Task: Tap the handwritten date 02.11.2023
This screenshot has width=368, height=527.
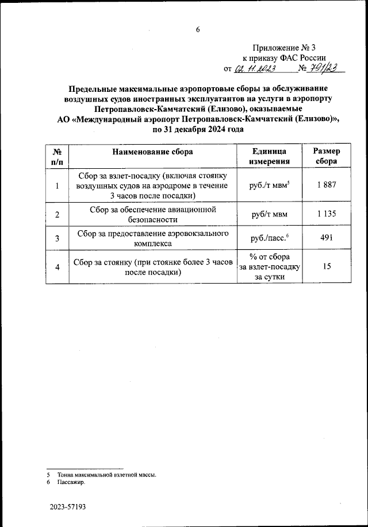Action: (x=255, y=69)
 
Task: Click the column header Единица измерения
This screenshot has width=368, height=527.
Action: (x=269, y=157)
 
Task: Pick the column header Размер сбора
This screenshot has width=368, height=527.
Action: (x=326, y=157)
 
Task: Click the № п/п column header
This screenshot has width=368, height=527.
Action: (x=57, y=157)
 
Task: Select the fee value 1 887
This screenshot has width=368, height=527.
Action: (x=326, y=185)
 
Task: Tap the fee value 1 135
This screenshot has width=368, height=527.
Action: (x=326, y=214)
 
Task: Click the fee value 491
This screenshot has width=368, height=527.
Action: (x=326, y=239)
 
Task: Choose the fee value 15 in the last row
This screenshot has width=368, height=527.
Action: (x=326, y=267)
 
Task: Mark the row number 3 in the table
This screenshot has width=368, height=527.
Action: (x=57, y=239)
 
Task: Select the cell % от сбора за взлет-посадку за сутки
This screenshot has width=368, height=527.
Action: (x=269, y=267)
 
